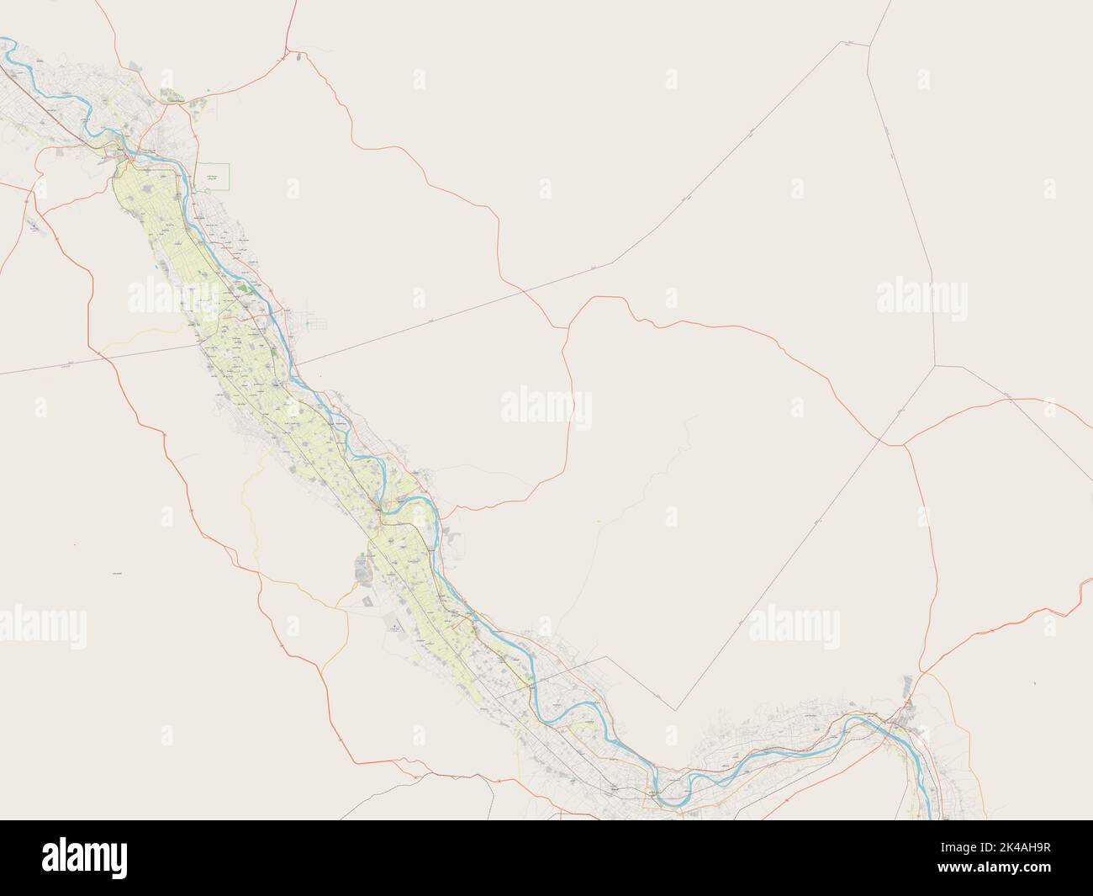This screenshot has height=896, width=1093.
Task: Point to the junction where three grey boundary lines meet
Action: coord(934,366)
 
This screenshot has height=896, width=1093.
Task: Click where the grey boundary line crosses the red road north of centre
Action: coord(526,289)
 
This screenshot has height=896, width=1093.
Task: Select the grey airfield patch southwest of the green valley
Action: coord(395,626)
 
